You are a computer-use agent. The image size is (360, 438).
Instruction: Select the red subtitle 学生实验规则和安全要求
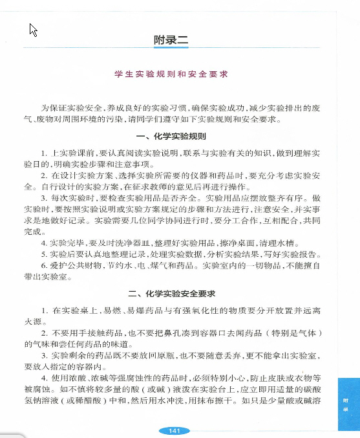coord(171,74)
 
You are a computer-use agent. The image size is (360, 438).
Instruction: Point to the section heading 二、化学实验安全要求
coord(171,293)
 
